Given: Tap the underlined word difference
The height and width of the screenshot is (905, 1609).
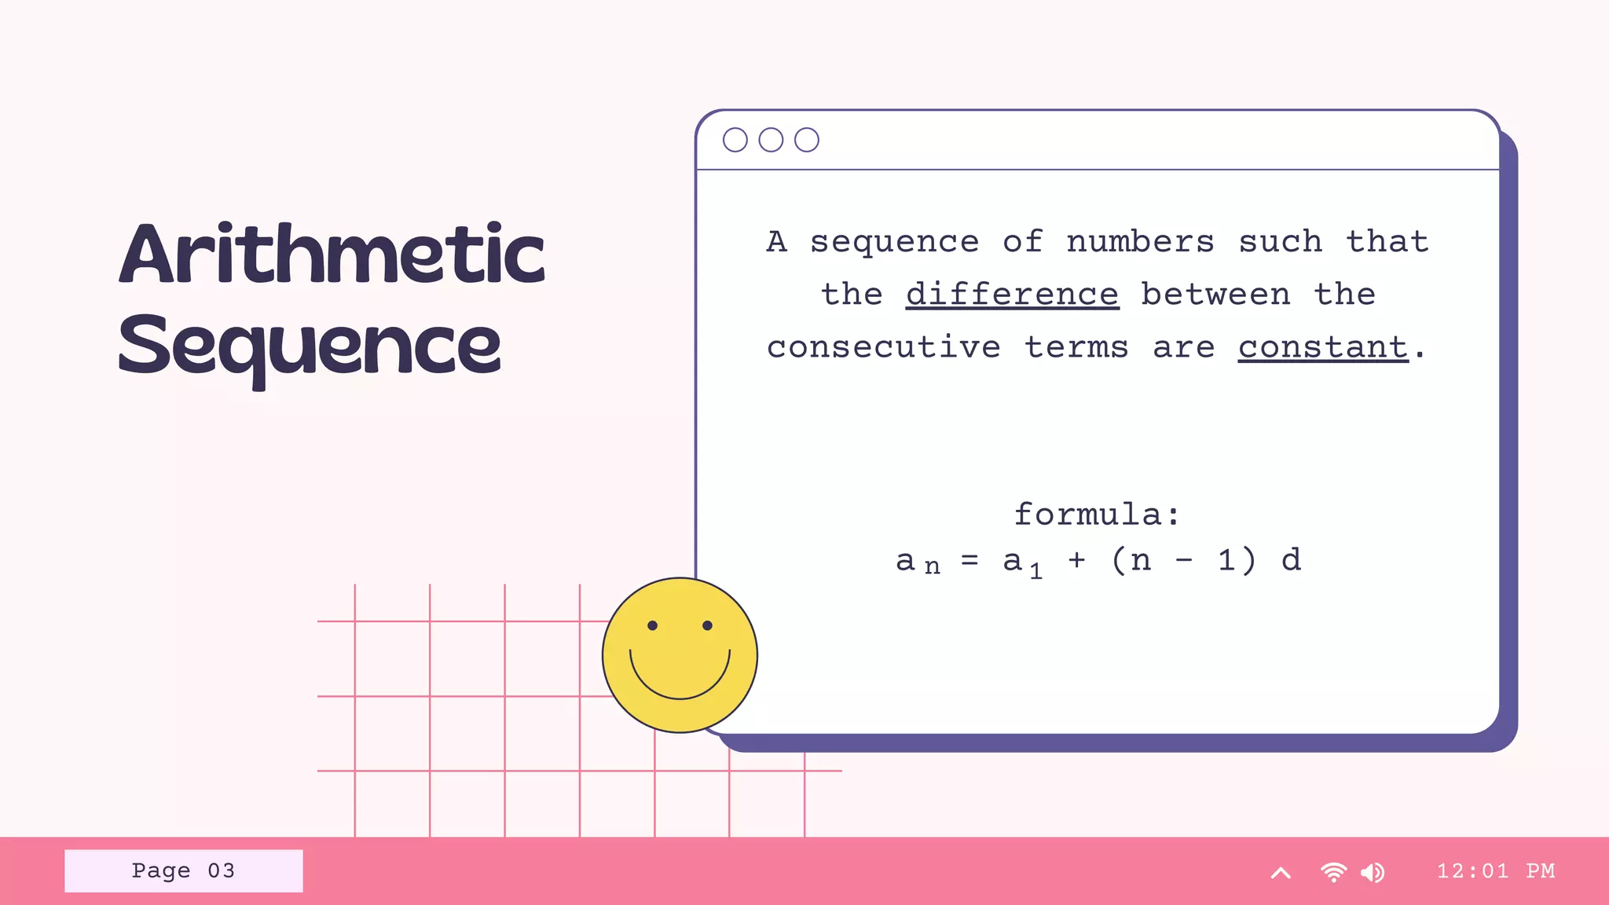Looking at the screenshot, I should pyautogui.click(x=1012, y=295).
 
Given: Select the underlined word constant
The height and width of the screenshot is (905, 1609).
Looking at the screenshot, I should pyautogui.click(x=1323, y=347).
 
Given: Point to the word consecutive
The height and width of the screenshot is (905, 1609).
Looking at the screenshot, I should pyautogui.click(x=884, y=347).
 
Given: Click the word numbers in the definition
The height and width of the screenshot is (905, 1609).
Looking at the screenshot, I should pyautogui.click(x=1140, y=241).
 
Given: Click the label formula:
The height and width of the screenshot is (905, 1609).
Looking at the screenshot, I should pyautogui.click(x=1097, y=515).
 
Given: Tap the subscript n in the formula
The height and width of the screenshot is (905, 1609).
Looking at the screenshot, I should pyautogui.click(x=932, y=566).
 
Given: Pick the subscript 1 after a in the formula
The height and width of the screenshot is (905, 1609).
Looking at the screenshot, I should pyautogui.click(x=1036, y=571).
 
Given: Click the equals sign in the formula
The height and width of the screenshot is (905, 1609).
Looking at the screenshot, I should pyautogui.click(x=970, y=560).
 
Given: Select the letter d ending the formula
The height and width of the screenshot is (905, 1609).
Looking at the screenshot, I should pyautogui.click(x=1291, y=560).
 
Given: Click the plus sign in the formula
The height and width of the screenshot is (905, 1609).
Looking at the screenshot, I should pyautogui.click(x=1076, y=560).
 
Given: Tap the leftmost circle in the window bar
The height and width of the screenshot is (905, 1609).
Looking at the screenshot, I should pyautogui.click(x=735, y=140).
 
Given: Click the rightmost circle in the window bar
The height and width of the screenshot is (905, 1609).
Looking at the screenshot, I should pyautogui.click(x=806, y=140).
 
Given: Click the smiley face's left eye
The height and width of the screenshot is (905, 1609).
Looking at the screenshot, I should pyautogui.click(x=652, y=625).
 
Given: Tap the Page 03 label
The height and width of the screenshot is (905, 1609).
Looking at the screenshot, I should pyautogui.click(x=183, y=870).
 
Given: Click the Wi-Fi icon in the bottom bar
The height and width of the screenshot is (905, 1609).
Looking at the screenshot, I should pyautogui.click(x=1333, y=872).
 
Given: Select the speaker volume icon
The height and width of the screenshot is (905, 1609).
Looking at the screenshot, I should pyautogui.click(x=1373, y=872).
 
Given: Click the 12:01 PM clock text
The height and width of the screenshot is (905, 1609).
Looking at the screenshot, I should pyautogui.click(x=1495, y=870).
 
